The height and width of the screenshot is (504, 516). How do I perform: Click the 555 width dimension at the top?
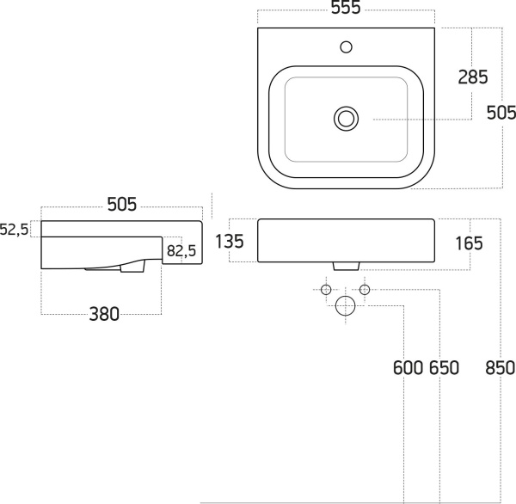346,7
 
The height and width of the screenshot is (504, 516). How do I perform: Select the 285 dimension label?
473,77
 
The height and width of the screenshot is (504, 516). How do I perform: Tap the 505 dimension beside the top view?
501,113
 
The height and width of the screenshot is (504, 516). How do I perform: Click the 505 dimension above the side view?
122,204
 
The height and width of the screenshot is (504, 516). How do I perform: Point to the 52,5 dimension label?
14,230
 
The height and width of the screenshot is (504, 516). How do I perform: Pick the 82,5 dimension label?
181,251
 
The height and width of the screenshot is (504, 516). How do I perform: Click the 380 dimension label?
104,314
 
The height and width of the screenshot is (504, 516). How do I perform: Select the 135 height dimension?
230,241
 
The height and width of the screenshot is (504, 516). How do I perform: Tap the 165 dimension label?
469,243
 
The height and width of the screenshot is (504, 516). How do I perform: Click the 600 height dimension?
408,368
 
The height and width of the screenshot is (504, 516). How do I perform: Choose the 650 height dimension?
444,368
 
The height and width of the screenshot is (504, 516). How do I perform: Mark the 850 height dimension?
500,368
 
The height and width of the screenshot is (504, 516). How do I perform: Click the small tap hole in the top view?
347,47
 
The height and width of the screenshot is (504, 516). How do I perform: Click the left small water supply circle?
326,290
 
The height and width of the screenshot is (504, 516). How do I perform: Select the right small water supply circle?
365,290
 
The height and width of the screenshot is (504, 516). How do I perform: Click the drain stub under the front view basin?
347,267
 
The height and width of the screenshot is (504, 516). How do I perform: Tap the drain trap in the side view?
132,267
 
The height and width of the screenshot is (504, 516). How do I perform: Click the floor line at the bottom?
358,502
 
